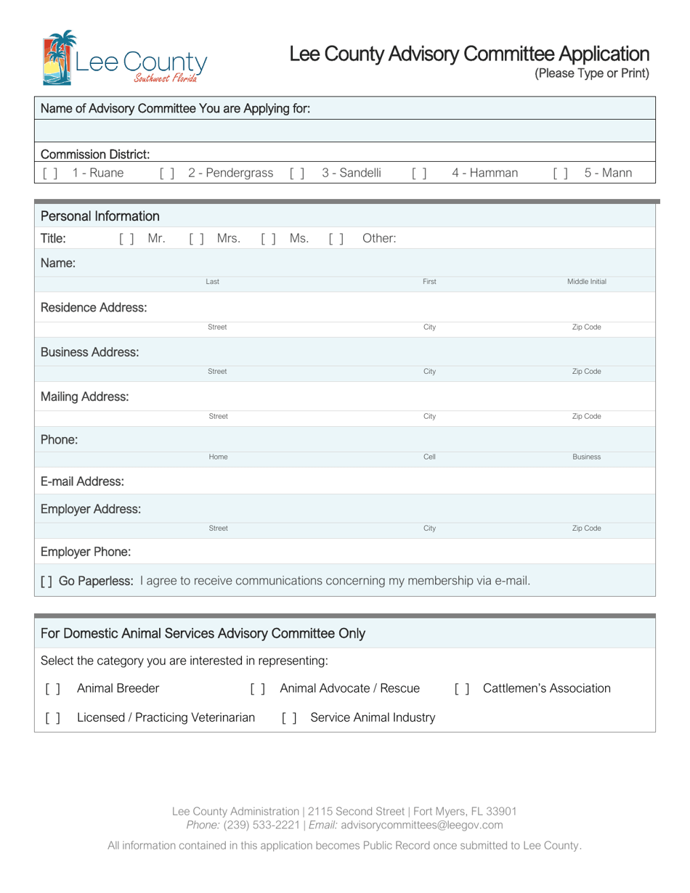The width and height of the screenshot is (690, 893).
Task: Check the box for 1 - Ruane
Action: pyautogui.click(x=50, y=173)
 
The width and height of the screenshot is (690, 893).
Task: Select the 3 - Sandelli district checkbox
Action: pyautogui.click(x=296, y=173)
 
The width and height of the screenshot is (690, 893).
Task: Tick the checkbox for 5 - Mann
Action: pyautogui.click(x=560, y=173)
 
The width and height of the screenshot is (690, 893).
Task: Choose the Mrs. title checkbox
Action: pyautogui.click(x=196, y=238)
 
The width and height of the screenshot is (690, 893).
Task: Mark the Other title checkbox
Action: pyautogui.click(x=336, y=238)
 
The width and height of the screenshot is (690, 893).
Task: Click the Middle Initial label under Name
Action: pyautogui.click(x=586, y=282)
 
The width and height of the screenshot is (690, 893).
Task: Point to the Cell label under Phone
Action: pyautogui.click(x=429, y=457)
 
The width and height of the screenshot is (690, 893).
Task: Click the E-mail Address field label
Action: pyautogui.click(x=82, y=481)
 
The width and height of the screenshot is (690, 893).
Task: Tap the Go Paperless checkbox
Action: pyautogui.click(x=46, y=581)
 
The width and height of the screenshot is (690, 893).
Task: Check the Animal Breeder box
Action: pyautogui.click(x=52, y=688)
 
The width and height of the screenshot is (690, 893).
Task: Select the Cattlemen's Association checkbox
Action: pyautogui.click(x=462, y=688)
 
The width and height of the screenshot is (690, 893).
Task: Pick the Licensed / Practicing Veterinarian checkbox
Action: pyautogui.click(x=52, y=718)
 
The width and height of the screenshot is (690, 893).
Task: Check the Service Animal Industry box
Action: pyautogui.click(x=289, y=718)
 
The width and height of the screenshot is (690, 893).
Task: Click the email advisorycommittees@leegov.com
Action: pyautogui.click(x=421, y=825)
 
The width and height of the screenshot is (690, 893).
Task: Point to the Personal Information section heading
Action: pyautogui.click(x=100, y=216)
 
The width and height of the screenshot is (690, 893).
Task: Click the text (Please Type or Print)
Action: pyautogui.click(x=591, y=73)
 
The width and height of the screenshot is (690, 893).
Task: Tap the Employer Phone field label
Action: pyautogui.click(x=86, y=552)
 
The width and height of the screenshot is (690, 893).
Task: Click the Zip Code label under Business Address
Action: pyautogui.click(x=586, y=372)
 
